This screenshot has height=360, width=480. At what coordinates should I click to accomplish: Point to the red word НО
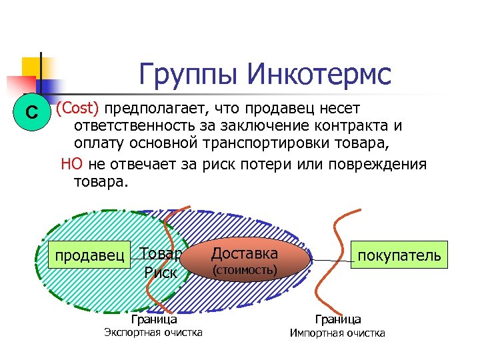pyautogui.click(x=71, y=164)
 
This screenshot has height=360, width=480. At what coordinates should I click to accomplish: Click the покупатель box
pyautogui.click(x=399, y=255)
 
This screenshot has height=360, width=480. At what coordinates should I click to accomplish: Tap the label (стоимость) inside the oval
pyautogui.click(x=244, y=270)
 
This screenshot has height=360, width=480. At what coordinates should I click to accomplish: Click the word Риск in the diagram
pyautogui.click(x=160, y=273)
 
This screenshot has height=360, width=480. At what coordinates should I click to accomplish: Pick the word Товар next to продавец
pyautogui.click(x=160, y=253)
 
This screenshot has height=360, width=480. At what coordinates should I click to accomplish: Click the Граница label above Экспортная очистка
pyautogui.click(x=154, y=319)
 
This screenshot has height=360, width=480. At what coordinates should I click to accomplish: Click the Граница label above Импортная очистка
pyautogui.click(x=338, y=320)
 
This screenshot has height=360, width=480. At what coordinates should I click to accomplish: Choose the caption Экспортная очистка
pyautogui.click(x=154, y=332)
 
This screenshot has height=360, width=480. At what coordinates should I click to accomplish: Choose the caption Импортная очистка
pyautogui.click(x=337, y=333)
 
